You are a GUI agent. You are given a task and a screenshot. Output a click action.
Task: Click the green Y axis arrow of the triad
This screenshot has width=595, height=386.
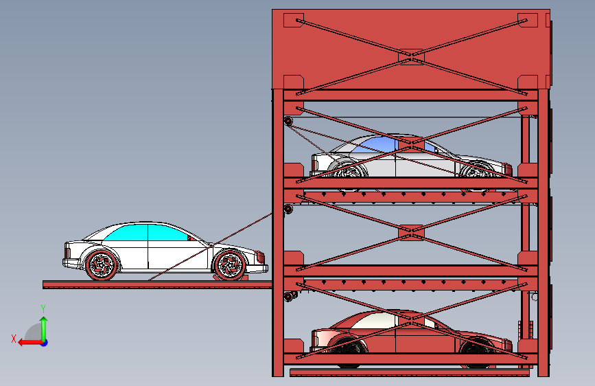(43, 323)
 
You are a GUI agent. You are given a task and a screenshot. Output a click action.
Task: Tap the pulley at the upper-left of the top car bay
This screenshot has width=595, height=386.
(288, 122)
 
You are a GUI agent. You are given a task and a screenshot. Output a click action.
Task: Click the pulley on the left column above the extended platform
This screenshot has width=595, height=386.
(288, 208)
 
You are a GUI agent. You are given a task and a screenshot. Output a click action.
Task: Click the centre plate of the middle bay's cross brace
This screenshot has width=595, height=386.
(412, 233)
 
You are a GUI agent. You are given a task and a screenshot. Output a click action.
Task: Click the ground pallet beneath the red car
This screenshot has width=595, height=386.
(410, 373)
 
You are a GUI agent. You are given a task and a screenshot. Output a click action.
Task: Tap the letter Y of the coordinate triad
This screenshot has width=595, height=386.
(43, 308)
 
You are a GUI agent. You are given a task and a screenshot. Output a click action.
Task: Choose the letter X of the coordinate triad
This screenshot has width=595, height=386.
(14, 338)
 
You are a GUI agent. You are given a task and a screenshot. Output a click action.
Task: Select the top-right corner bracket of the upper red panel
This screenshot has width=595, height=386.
(528, 20)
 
